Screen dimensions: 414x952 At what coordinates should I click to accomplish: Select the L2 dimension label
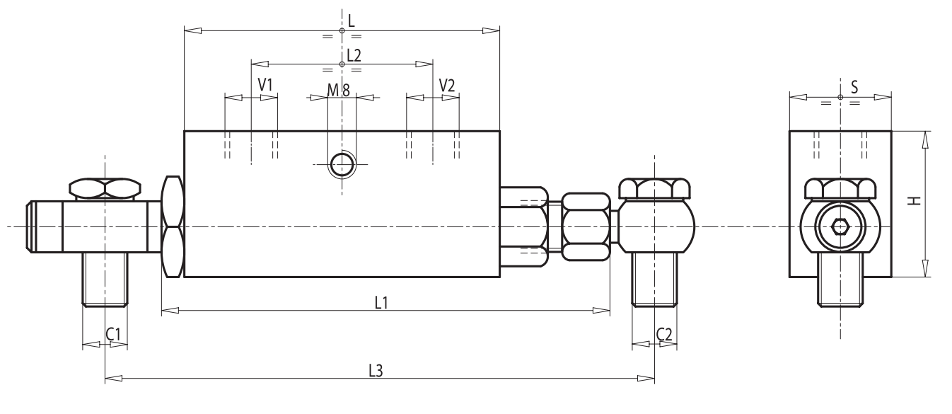point(354,54)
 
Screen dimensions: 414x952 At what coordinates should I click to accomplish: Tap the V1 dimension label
point(265,85)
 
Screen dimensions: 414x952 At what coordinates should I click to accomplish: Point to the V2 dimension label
point(447,85)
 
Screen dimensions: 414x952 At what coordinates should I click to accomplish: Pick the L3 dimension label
point(376,371)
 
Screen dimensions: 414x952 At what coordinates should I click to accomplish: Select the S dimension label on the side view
point(854,87)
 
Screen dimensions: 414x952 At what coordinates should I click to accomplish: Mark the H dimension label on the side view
point(915,201)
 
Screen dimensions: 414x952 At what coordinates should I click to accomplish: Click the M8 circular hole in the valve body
point(343,165)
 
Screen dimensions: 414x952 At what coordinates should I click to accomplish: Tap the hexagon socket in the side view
point(840,227)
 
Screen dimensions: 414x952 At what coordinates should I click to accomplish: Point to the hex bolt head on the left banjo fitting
point(105,188)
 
